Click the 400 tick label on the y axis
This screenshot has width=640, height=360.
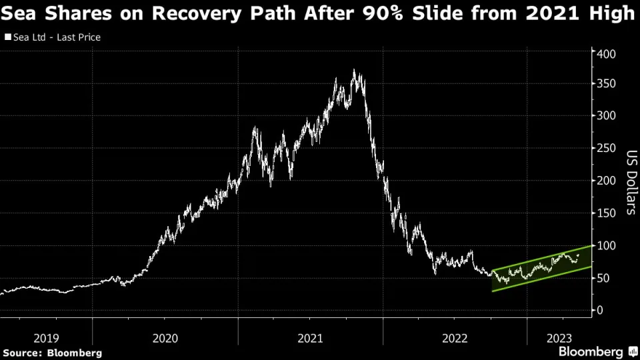(x=604, y=53)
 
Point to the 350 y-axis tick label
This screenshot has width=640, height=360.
(x=604, y=85)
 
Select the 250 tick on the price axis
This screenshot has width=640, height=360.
(x=604, y=149)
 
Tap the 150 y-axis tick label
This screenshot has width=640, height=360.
(x=604, y=213)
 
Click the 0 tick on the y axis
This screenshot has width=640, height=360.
(x=600, y=311)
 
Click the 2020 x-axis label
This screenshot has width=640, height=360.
(x=165, y=338)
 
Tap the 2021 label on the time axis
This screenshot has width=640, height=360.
(x=310, y=338)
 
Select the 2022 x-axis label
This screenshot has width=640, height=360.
(x=455, y=338)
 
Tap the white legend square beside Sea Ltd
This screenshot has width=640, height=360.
(x=7, y=37)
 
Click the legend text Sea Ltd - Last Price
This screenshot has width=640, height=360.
(x=57, y=37)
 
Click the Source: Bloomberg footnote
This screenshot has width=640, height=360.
(x=53, y=352)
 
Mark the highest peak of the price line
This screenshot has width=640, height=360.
(x=354, y=70)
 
